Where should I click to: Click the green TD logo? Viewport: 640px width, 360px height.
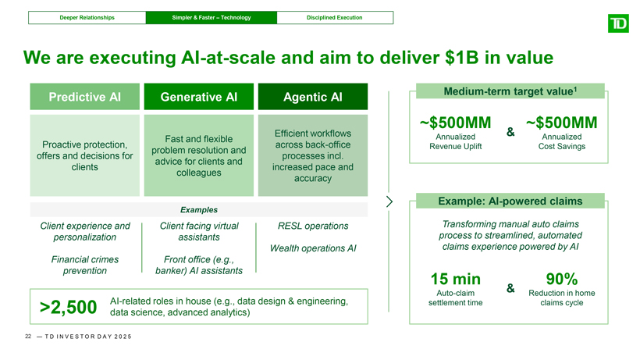pyautogui.click(x=617, y=25)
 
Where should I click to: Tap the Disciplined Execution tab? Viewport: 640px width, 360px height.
pyautogui.click(x=334, y=17)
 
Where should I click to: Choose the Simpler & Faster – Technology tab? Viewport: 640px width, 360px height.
pyautogui.click(x=212, y=17)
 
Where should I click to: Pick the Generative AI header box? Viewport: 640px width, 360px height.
pyautogui.click(x=198, y=97)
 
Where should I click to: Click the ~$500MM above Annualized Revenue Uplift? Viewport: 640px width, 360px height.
pyautogui.click(x=455, y=123)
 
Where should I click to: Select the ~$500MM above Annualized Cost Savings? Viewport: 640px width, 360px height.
pyautogui.click(x=562, y=123)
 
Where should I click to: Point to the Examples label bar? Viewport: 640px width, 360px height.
pyautogui.click(x=198, y=210)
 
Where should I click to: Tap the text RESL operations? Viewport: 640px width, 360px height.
pyautogui.click(x=313, y=226)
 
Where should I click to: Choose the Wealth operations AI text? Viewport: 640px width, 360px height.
pyautogui.click(x=313, y=248)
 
